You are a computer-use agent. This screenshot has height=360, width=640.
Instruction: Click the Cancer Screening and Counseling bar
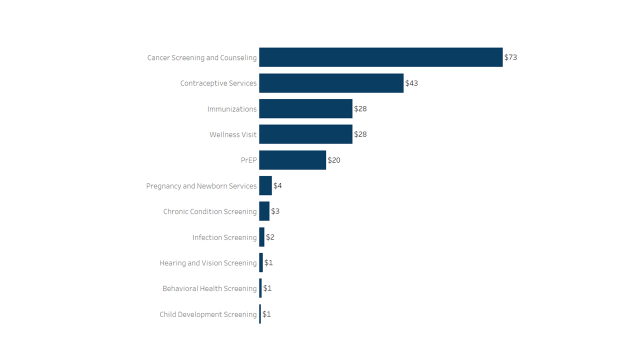pyautogui.click(x=380, y=57)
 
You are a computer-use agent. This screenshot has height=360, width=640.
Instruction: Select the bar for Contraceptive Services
pyautogui.click(x=331, y=83)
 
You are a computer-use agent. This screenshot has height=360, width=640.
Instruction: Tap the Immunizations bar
pyautogui.click(x=305, y=108)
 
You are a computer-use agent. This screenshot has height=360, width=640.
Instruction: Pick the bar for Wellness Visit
pyautogui.click(x=305, y=134)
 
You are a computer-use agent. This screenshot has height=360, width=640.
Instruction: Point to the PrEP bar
pyautogui.click(x=292, y=160)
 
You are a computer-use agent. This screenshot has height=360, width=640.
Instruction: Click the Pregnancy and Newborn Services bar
pyautogui.click(x=265, y=185)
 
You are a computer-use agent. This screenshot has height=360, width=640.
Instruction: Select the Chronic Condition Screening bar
pyautogui.click(x=264, y=211)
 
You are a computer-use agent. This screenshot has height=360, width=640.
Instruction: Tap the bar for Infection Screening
pyautogui.click(x=261, y=237)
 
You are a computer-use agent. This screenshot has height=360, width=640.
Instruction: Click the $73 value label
pyautogui.click(x=510, y=57)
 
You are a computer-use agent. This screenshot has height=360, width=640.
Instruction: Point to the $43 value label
pyautogui.click(x=411, y=83)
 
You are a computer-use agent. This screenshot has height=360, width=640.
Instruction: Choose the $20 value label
pyautogui.click(x=334, y=160)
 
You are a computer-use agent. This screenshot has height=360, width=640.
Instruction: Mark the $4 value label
pyautogui.click(x=277, y=185)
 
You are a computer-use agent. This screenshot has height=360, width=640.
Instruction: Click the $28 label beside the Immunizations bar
pyautogui.click(x=360, y=108)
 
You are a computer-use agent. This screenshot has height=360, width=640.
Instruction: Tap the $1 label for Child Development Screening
pyautogui.click(x=266, y=314)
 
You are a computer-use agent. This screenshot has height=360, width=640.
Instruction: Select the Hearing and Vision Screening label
pyautogui.click(x=208, y=263)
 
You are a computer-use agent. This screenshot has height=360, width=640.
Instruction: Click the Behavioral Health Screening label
pyautogui.click(x=209, y=288)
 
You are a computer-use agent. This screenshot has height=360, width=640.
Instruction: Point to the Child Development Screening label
pyautogui.click(x=208, y=314)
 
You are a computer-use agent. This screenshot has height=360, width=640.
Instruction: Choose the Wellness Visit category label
pyautogui.click(x=233, y=134)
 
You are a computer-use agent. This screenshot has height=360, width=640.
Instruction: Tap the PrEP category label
pyautogui.click(x=248, y=160)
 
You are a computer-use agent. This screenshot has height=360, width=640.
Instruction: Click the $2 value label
pyautogui.click(x=270, y=237)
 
